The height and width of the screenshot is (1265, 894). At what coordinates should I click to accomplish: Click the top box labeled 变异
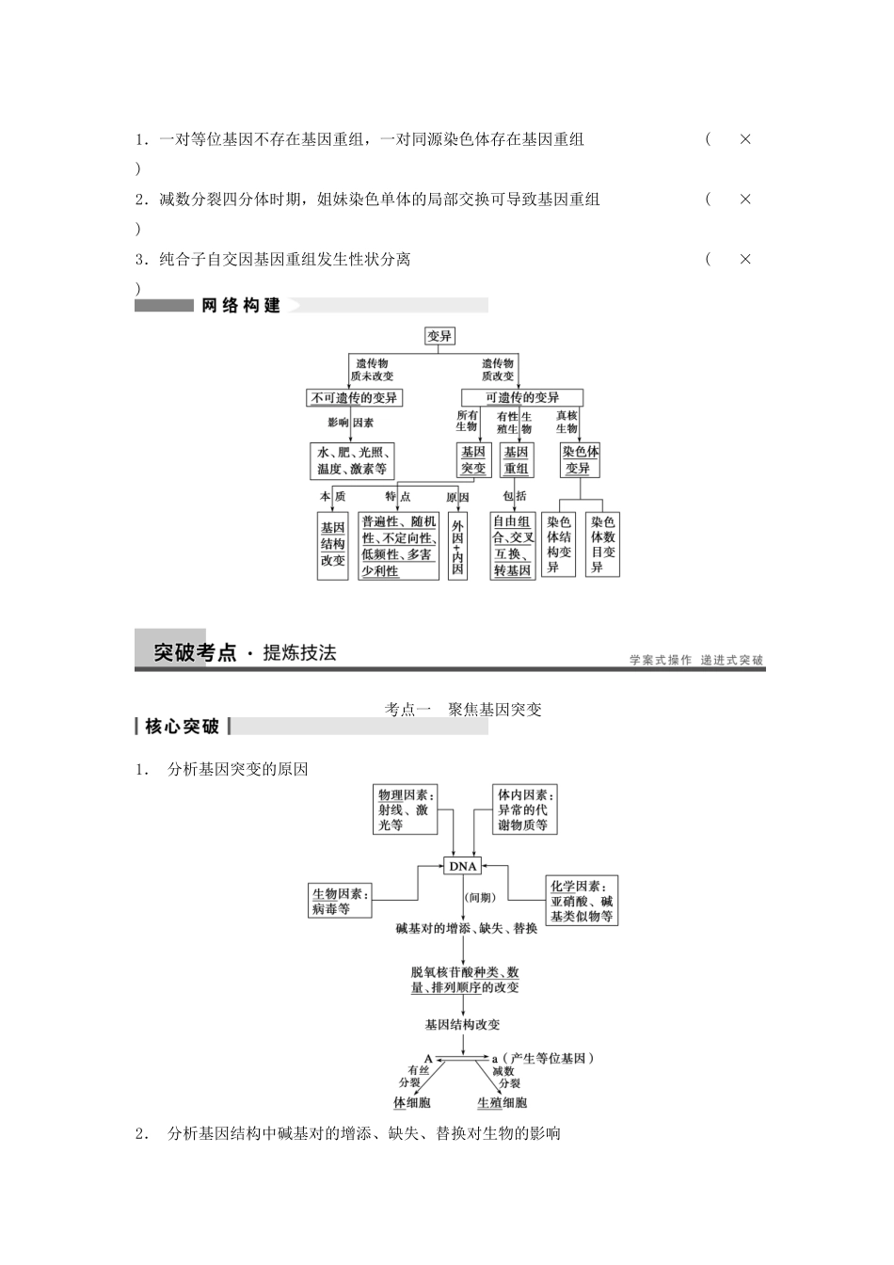[439, 336]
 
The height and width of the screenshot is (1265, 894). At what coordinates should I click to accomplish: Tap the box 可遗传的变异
[522, 398]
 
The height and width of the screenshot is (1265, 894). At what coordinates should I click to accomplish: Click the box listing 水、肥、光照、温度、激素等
[352, 460]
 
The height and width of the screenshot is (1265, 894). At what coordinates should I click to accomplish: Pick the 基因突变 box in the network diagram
[473, 460]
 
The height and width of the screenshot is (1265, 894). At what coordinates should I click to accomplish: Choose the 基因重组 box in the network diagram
[516, 460]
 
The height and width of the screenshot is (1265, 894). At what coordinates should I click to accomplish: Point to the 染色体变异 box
[582, 460]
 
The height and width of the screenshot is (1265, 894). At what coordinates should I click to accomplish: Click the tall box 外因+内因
[457, 546]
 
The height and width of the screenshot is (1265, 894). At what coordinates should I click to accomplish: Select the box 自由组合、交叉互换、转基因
[513, 546]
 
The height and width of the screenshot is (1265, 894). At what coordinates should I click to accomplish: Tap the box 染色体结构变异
[559, 545]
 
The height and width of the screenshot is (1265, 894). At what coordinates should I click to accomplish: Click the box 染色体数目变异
[603, 545]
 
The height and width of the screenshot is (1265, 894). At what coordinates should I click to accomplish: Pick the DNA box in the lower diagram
[463, 866]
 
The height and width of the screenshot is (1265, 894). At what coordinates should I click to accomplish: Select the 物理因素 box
[407, 809]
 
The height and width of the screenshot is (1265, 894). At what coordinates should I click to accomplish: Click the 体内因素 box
[524, 809]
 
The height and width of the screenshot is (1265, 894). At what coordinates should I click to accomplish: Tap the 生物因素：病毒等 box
[341, 901]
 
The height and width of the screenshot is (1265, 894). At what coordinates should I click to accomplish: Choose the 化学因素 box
[583, 901]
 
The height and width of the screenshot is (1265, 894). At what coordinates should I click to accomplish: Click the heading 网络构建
[241, 306]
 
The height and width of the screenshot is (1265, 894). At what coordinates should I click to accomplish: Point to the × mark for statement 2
[744, 200]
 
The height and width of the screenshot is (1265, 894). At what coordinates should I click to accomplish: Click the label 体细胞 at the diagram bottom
[412, 1102]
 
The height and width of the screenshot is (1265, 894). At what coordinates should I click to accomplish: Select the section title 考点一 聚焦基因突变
[463, 710]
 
